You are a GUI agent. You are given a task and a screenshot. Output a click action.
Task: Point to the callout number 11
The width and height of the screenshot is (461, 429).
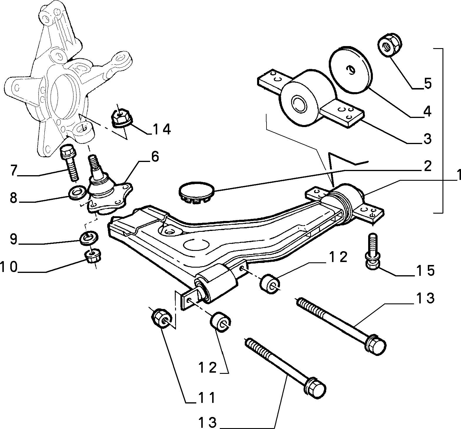click(x=205, y=398)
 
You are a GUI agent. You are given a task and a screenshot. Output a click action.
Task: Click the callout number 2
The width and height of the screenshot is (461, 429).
click(x=427, y=166)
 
